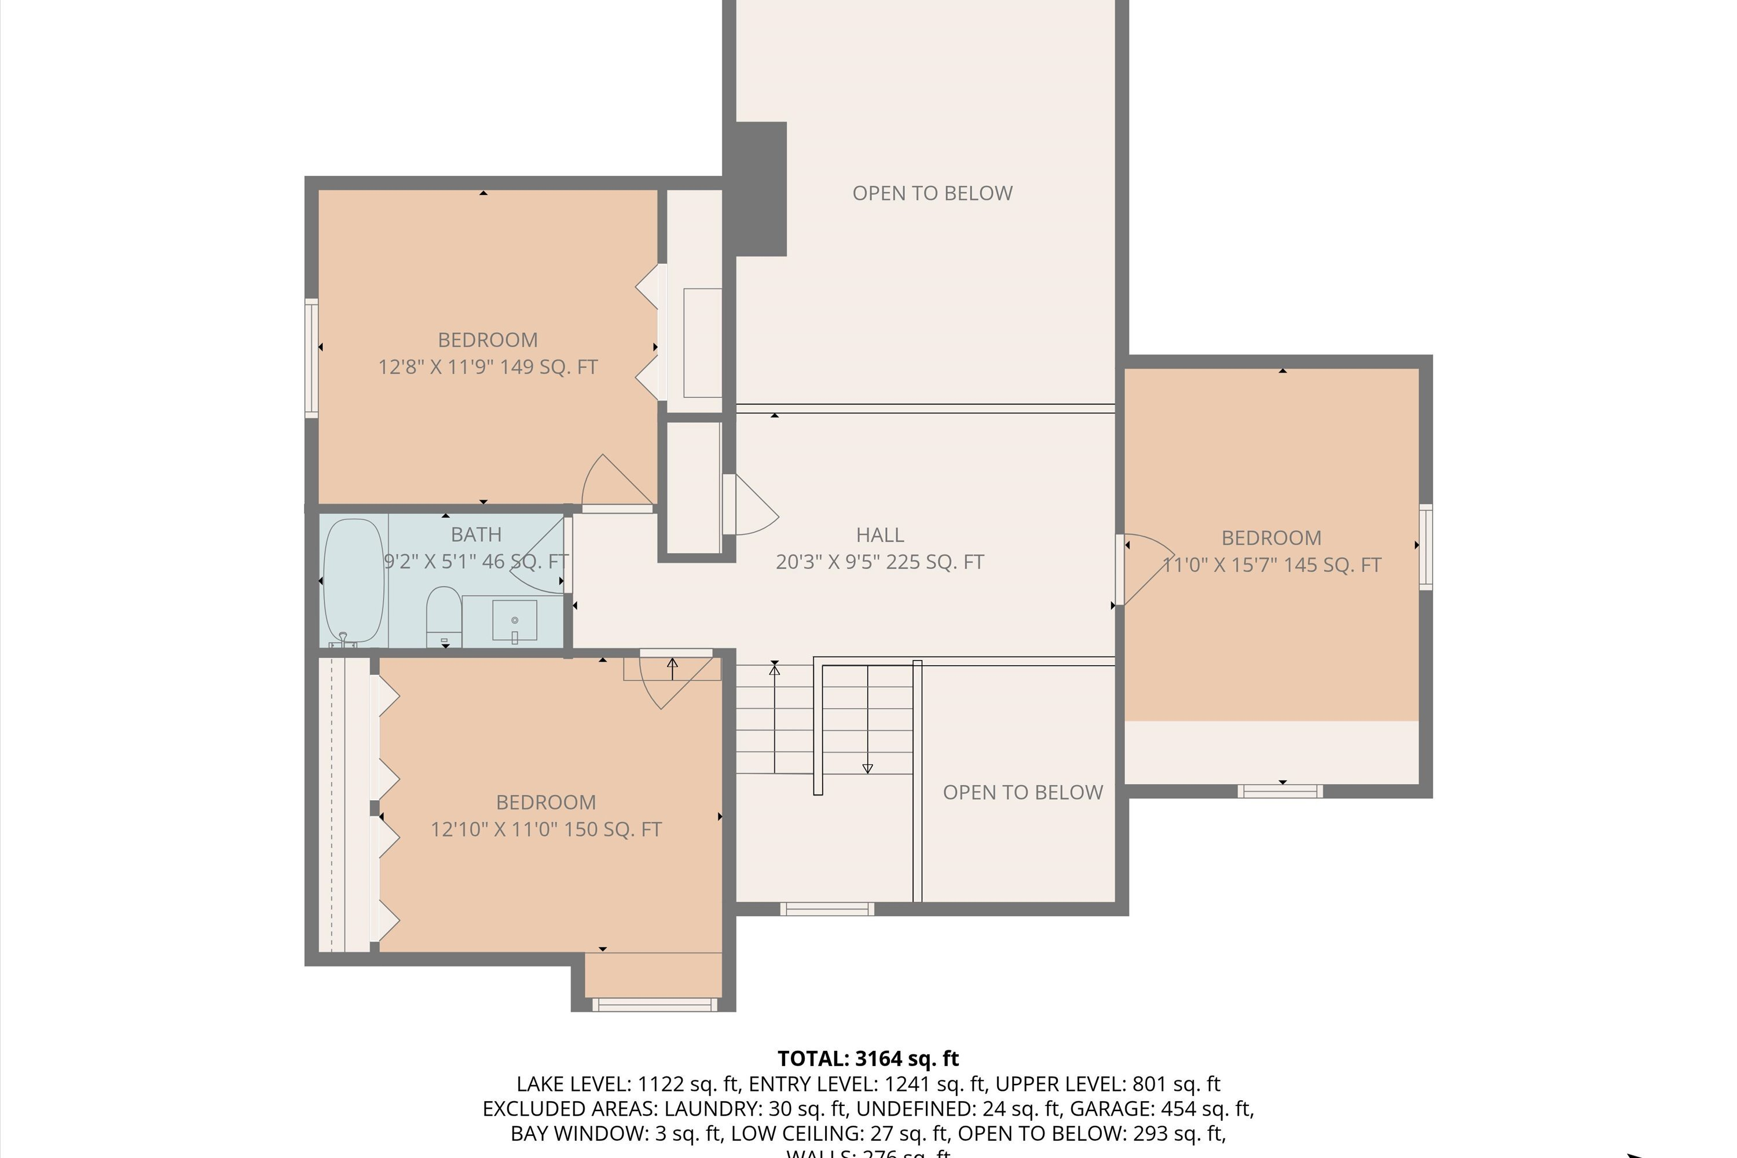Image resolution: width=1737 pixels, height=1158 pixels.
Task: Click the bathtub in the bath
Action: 354,581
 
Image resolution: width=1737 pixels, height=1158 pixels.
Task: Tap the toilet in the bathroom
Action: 444,615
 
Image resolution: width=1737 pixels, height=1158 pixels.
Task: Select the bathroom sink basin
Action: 514,620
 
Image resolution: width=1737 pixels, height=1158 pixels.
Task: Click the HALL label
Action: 880,534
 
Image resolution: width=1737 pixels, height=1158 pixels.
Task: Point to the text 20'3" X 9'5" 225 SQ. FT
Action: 880,562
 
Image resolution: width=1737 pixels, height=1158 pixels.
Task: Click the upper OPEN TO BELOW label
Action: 932,193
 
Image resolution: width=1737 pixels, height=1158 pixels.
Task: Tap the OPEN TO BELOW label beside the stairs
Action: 1022,793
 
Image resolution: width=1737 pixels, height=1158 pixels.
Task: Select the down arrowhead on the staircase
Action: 868,769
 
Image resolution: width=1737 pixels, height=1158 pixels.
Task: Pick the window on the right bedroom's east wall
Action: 1426,547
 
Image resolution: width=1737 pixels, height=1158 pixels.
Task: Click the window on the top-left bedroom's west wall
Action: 312,358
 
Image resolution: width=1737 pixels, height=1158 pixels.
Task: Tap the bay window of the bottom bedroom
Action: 654,1005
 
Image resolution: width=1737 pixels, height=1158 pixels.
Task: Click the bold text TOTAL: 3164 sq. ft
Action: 868,1059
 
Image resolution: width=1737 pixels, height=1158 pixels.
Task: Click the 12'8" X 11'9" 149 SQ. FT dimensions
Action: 488,367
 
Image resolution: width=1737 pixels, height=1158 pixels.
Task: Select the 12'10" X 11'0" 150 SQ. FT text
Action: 546,829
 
